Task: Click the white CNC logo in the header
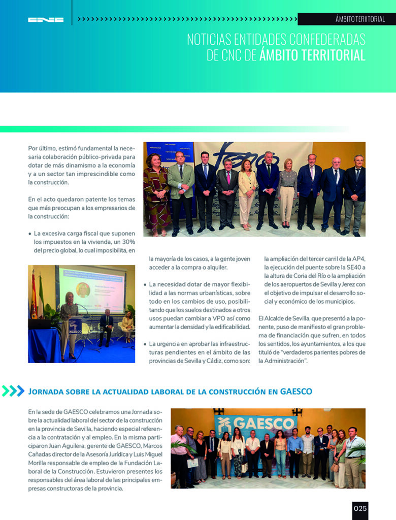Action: click(x=46, y=20)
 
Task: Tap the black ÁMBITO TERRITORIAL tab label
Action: click(x=360, y=19)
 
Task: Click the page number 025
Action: click(x=360, y=509)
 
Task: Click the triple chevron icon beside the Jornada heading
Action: click(x=13, y=391)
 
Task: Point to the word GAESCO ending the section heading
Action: click(x=295, y=392)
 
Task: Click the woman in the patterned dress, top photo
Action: click(x=156, y=196)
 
